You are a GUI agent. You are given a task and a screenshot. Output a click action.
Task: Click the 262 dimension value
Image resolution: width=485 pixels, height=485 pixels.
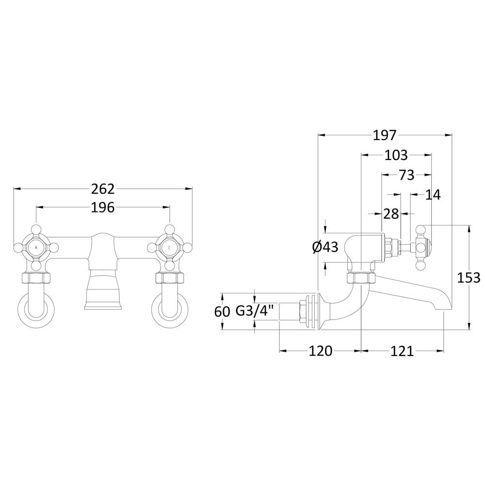[103, 189]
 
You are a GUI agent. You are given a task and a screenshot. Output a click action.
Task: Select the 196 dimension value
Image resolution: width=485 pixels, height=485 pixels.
[103, 208]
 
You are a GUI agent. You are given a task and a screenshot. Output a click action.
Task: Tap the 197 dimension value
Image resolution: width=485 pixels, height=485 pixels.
[385, 135]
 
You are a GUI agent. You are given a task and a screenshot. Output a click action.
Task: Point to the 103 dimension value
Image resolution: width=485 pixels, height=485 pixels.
[396, 155]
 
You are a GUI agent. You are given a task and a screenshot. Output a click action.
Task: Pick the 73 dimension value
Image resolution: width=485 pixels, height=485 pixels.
[406, 176]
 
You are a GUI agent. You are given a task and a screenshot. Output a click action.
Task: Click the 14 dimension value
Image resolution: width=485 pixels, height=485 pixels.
[433, 195]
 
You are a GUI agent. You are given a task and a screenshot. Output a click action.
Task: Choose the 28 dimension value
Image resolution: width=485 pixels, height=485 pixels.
[391, 214]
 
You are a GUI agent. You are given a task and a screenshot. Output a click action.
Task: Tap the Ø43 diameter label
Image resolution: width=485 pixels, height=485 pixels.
[325, 247]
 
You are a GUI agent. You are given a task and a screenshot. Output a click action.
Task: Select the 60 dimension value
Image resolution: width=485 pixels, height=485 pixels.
[222, 311]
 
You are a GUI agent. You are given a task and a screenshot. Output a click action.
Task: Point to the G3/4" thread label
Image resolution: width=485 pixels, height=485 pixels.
[255, 310]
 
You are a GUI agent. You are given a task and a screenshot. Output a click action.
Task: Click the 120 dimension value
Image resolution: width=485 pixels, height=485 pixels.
[321, 351]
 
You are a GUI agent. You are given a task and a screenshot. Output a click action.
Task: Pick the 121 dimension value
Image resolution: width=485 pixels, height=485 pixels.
[402, 351]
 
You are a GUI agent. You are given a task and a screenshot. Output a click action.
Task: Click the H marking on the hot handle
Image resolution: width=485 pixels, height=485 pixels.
[36, 247]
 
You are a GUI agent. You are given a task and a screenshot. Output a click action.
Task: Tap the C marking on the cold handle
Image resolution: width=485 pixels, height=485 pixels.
[169, 247]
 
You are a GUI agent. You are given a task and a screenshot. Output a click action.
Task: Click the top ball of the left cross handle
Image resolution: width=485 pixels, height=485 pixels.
[36, 229]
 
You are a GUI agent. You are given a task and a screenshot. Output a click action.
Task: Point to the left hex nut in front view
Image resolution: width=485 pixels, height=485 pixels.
[36, 277]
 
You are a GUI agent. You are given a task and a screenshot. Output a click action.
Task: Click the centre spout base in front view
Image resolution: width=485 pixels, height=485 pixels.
[103, 289]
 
